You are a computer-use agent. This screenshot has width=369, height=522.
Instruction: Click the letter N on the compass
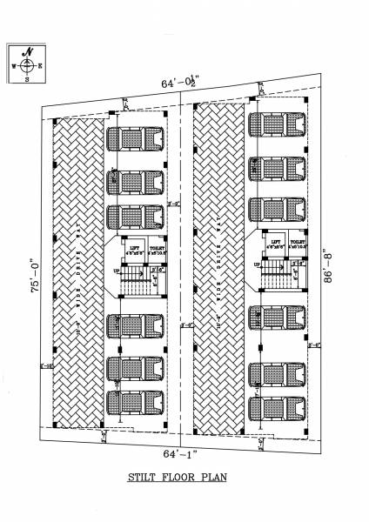[29, 53]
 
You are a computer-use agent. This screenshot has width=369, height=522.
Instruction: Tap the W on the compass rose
[14, 66]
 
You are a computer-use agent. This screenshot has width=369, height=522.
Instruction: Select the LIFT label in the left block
[135, 249]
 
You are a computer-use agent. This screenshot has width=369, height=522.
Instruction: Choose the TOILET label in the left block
[157, 249]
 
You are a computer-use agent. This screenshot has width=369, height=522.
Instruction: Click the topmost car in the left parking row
[135, 140]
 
